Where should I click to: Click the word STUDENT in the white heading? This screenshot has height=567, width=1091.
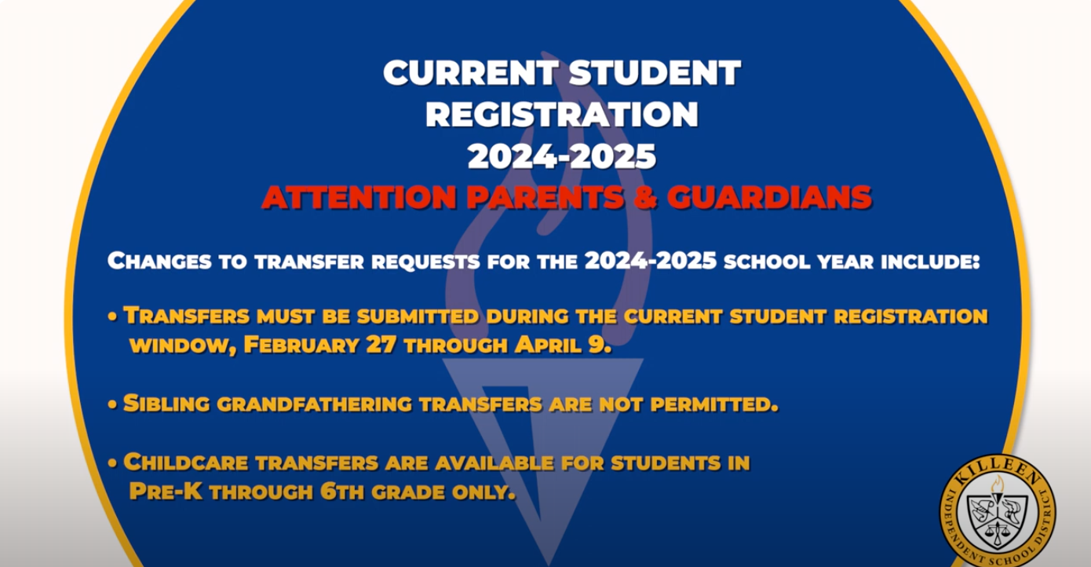655,73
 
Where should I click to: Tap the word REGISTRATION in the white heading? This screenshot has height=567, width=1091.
562,115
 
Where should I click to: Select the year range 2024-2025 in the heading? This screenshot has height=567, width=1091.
562,156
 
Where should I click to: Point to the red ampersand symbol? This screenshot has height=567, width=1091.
645,197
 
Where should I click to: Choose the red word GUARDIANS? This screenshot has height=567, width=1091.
769,197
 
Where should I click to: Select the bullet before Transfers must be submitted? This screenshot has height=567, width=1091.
112,316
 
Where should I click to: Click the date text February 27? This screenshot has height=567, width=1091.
319,345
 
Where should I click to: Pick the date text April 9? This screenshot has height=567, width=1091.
563,345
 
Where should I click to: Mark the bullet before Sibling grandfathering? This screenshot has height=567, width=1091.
112,404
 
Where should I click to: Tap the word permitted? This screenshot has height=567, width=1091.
714,404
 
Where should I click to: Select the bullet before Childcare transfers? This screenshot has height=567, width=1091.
112,463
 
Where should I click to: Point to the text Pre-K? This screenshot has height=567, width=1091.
166,492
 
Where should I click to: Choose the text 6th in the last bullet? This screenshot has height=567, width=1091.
342,492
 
